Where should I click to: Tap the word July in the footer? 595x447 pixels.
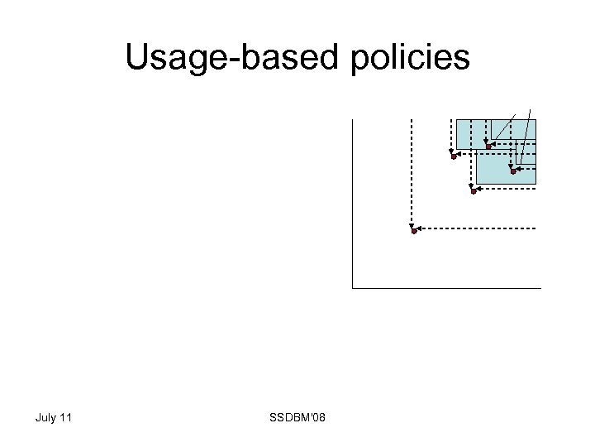[45, 417]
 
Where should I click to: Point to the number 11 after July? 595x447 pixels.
[65, 417]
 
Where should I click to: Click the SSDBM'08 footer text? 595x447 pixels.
[297, 417]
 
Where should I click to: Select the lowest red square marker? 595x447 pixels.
[414, 231]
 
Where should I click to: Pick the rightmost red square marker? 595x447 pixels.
[513, 171]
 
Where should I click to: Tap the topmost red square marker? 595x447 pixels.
[488, 147]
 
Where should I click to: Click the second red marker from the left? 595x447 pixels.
[454, 156]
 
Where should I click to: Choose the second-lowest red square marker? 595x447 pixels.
[474, 191]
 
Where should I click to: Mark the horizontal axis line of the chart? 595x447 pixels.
[446, 288]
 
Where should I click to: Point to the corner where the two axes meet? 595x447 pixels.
[352, 288]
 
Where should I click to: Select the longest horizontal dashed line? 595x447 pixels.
[479, 227]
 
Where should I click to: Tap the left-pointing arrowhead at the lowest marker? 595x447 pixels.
[420, 227]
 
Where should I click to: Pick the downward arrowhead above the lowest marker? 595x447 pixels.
[411, 223]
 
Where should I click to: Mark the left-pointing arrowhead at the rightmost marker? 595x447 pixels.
[519, 168]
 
